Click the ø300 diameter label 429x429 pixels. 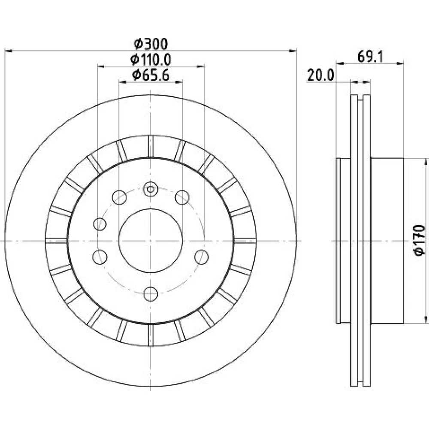(151, 44)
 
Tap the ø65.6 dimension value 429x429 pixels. (151, 75)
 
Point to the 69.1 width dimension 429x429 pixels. (370, 57)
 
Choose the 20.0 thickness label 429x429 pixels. (320, 75)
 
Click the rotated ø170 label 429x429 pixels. (419, 240)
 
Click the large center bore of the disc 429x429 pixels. (151, 241)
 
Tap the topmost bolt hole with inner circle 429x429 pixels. (151, 189)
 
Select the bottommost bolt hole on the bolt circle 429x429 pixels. (151, 294)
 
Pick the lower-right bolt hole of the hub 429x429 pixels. (202, 257)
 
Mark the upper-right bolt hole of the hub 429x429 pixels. (182, 197)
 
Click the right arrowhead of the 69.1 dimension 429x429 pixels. (400, 63)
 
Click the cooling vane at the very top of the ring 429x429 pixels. (151, 147)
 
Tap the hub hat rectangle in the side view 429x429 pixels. (387, 241)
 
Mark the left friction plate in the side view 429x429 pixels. (354, 241)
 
